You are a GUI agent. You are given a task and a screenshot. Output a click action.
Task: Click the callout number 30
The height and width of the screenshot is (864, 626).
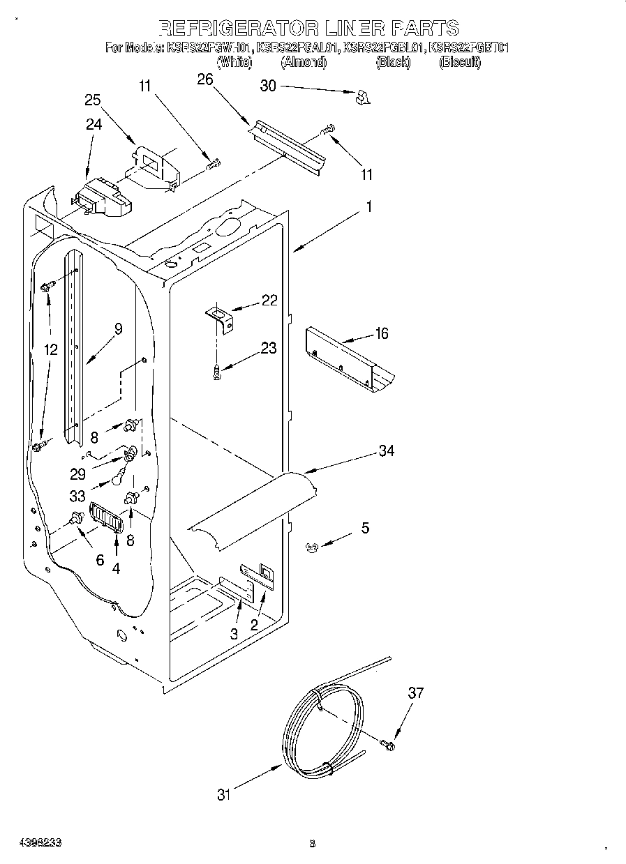tap(268, 86)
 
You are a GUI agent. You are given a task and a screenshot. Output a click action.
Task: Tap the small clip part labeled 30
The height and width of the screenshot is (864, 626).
tap(362, 98)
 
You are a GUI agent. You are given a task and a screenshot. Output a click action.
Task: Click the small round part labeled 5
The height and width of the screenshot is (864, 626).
tap(313, 549)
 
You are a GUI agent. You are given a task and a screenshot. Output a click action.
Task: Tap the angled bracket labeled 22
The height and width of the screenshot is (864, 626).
tap(220, 320)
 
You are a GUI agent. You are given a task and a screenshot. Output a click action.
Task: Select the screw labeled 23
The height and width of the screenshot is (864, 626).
tap(217, 374)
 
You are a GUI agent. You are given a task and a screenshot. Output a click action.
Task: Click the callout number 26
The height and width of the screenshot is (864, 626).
tap(204, 79)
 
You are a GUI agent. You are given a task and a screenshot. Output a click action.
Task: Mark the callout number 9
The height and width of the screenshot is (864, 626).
tap(118, 329)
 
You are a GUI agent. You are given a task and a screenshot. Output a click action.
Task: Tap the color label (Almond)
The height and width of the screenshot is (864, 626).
tap(303, 63)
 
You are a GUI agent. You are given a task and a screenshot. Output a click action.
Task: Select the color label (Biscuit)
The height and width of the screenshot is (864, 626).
tap(459, 63)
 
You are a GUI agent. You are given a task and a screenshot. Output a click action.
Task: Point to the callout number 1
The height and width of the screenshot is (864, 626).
tap(369, 207)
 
